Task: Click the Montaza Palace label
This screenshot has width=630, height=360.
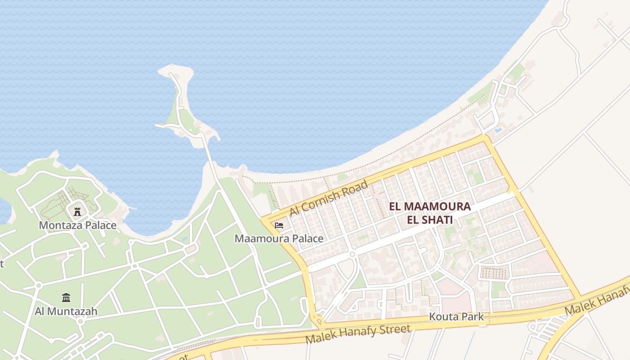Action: coord(77,225)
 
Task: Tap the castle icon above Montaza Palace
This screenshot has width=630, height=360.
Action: coord(77,211)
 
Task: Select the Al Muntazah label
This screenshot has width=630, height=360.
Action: coord(66,311)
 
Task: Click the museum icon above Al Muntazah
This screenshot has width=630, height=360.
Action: coord(66,297)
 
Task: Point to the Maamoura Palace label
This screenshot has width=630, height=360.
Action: coord(279,238)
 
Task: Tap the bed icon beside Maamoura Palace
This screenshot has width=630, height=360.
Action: coord(279,225)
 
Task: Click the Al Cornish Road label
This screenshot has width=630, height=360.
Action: coord(328,198)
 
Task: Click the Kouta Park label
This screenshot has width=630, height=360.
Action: coord(456,316)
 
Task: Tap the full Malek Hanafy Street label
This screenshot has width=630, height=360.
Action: coord(358,334)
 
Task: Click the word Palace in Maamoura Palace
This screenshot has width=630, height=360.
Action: coord(307,238)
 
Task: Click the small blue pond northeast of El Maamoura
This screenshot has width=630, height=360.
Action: coord(497,130)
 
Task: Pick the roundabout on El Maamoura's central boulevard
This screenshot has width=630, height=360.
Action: coord(352,254)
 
